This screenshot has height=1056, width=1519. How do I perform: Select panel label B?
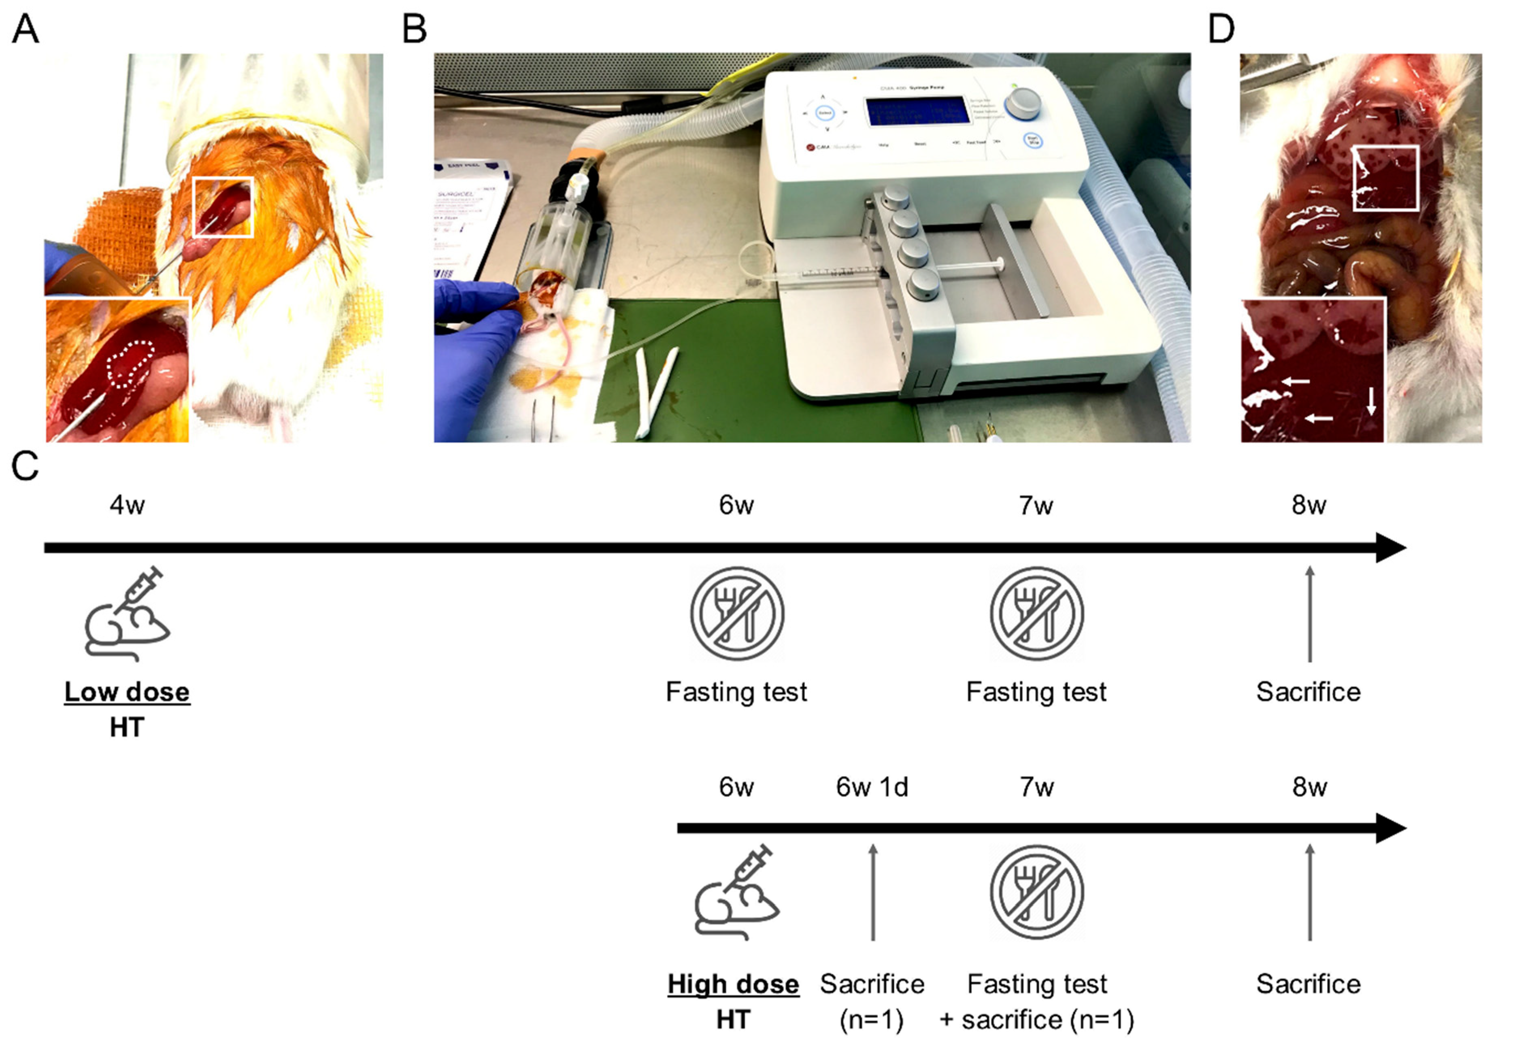pos(415,30)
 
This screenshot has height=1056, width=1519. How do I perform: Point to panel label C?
pos(25,466)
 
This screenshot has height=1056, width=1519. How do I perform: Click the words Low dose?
pos(127,692)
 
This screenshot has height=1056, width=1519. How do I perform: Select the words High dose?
pos(733,984)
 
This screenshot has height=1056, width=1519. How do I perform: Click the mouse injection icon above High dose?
pos(737,892)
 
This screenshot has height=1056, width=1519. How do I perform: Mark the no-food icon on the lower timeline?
pos(1037,892)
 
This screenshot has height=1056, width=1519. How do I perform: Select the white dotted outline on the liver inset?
pos(131,364)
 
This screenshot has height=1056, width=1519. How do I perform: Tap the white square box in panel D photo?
pos(1385,178)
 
